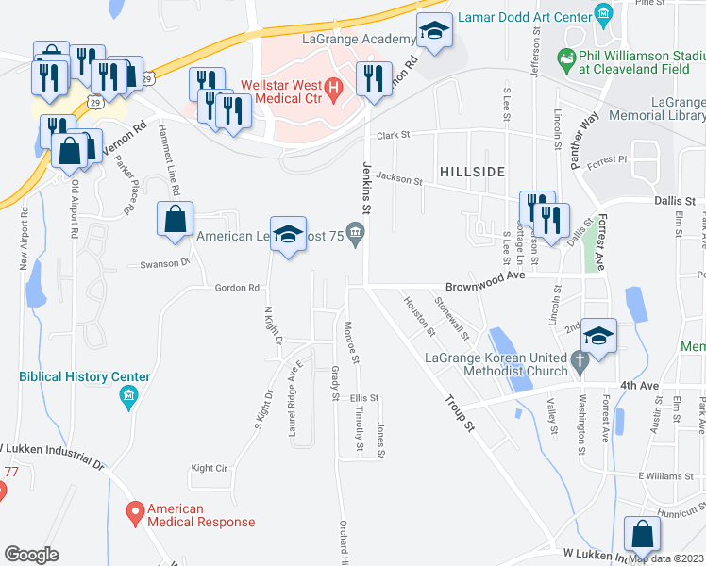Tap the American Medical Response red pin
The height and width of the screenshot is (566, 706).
coord(135,513)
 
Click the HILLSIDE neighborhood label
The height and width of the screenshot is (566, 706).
coord(471,171)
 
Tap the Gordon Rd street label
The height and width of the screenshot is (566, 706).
coord(237,288)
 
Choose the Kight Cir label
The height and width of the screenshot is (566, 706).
coord(210,468)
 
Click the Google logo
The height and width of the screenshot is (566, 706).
coord(32,554)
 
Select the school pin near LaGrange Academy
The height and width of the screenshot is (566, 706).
coord(434,34)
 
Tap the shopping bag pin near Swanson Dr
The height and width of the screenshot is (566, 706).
coord(176,220)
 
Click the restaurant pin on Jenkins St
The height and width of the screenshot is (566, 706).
coord(373,78)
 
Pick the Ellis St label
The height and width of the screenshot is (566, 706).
coord(364,398)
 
